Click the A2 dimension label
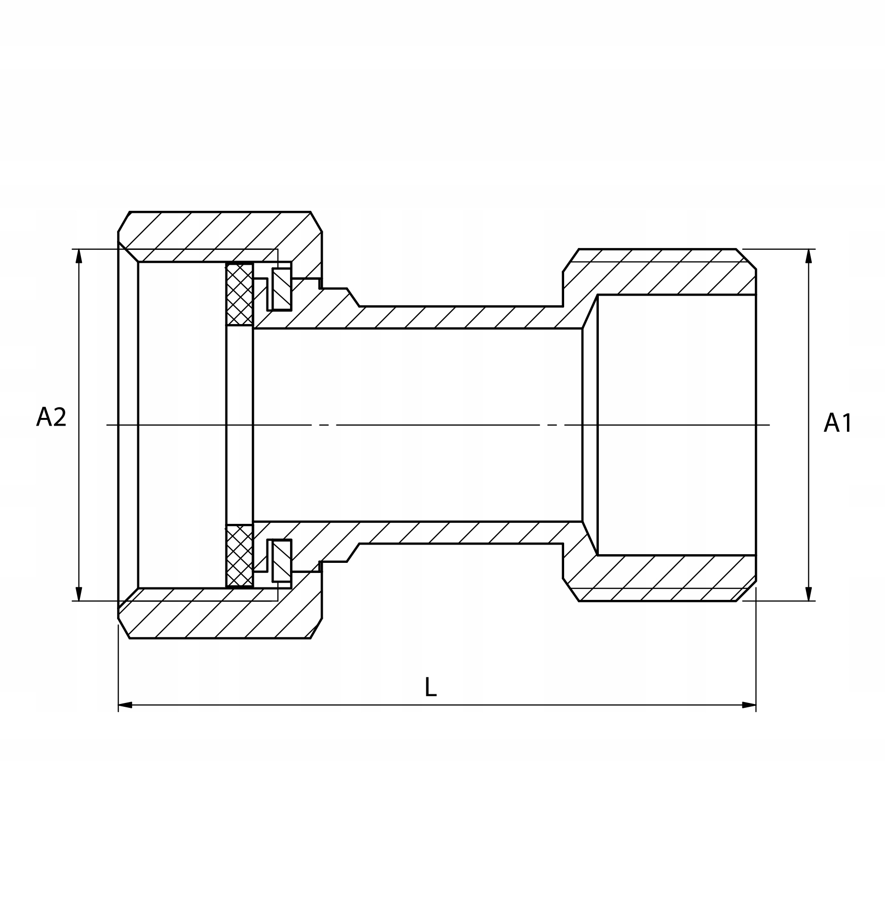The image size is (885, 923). (51, 417)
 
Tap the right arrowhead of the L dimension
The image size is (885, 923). (749, 705)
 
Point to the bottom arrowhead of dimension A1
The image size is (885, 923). (809, 594)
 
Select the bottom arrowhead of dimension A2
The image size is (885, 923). (79, 594)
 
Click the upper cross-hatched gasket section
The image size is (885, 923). (239, 294)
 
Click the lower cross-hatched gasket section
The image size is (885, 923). (239, 556)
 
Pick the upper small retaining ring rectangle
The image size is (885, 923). (281, 289)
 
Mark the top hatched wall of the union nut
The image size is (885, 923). (217, 236)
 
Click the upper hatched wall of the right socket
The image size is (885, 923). (674, 272)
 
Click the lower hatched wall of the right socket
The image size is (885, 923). (674, 578)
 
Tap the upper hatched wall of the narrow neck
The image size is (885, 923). (458, 317)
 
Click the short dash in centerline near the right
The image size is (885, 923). (552, 425)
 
